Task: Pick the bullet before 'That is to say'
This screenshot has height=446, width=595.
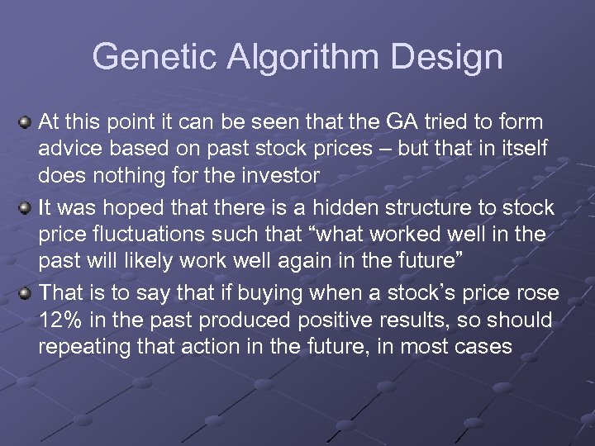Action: click(26, 292)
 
